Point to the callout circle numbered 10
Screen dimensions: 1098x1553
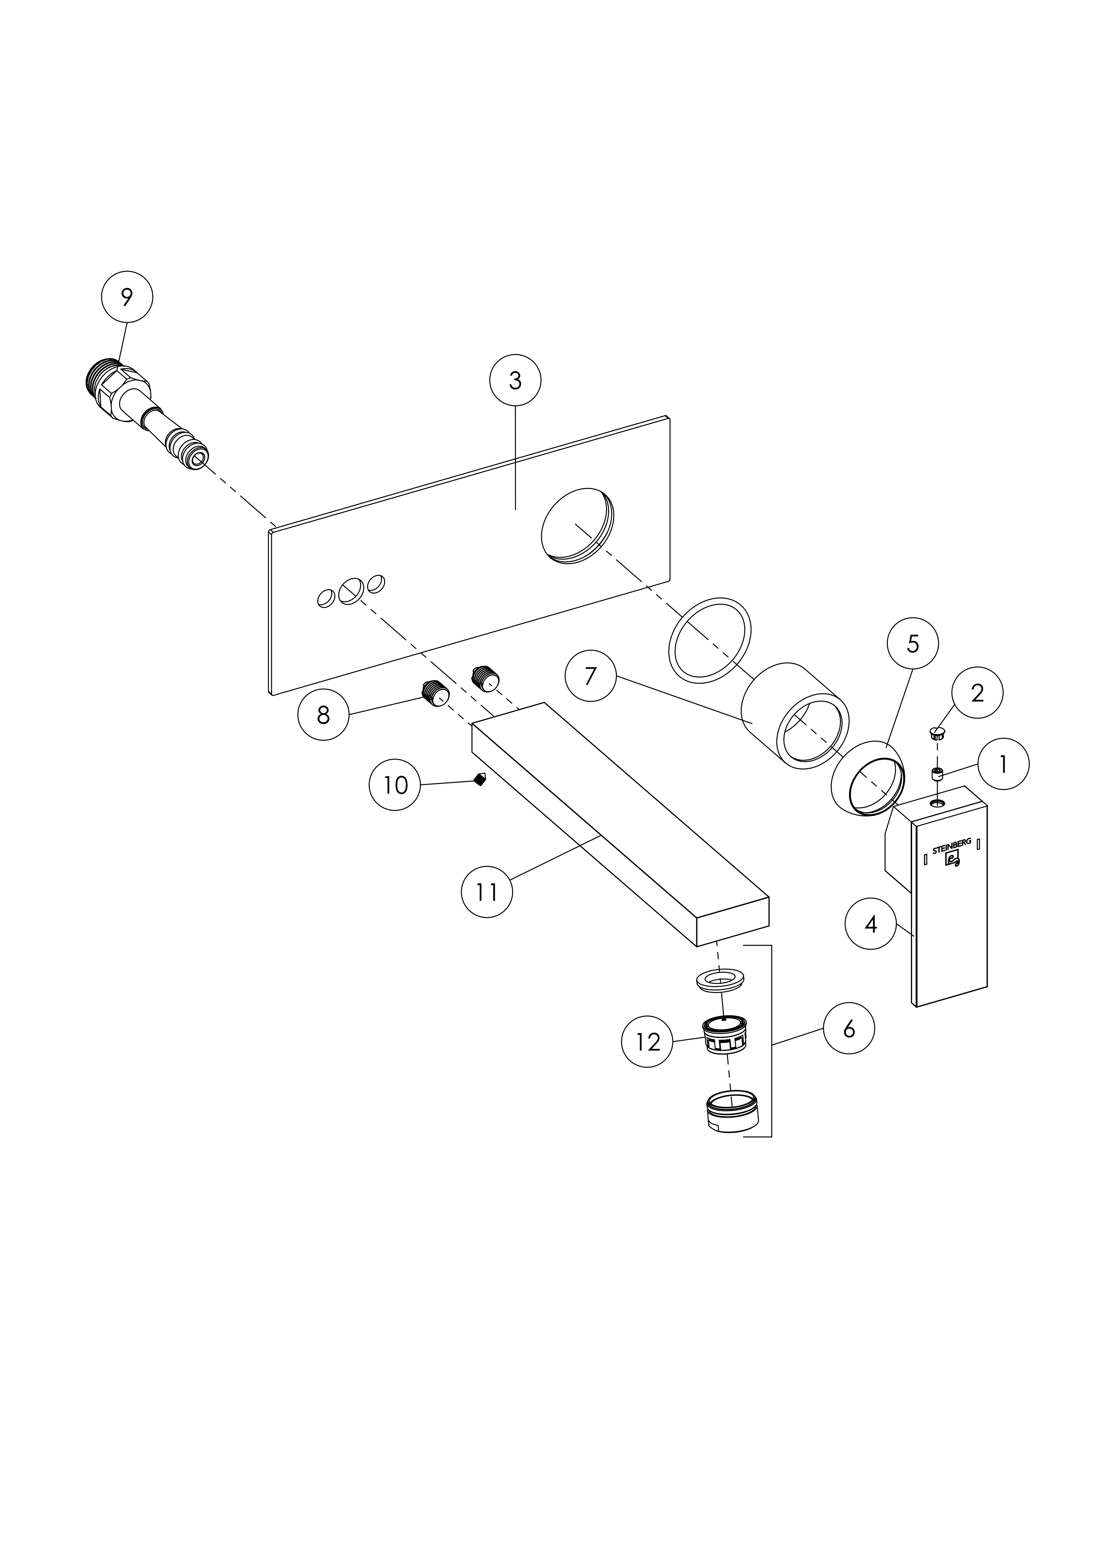[x=395, y=785]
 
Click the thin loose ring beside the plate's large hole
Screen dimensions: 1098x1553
[x=710, y=638]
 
